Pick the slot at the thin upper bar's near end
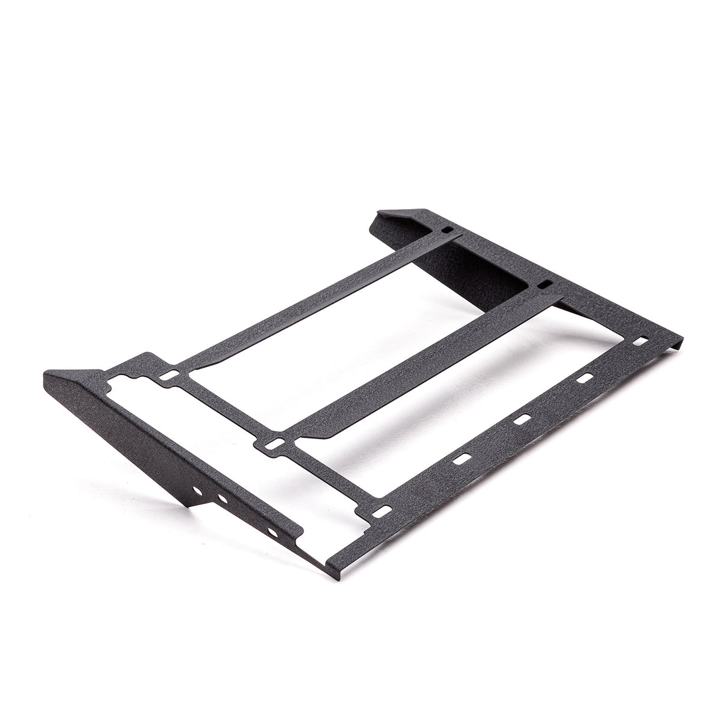[171, 375]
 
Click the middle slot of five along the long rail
[521, 419]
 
